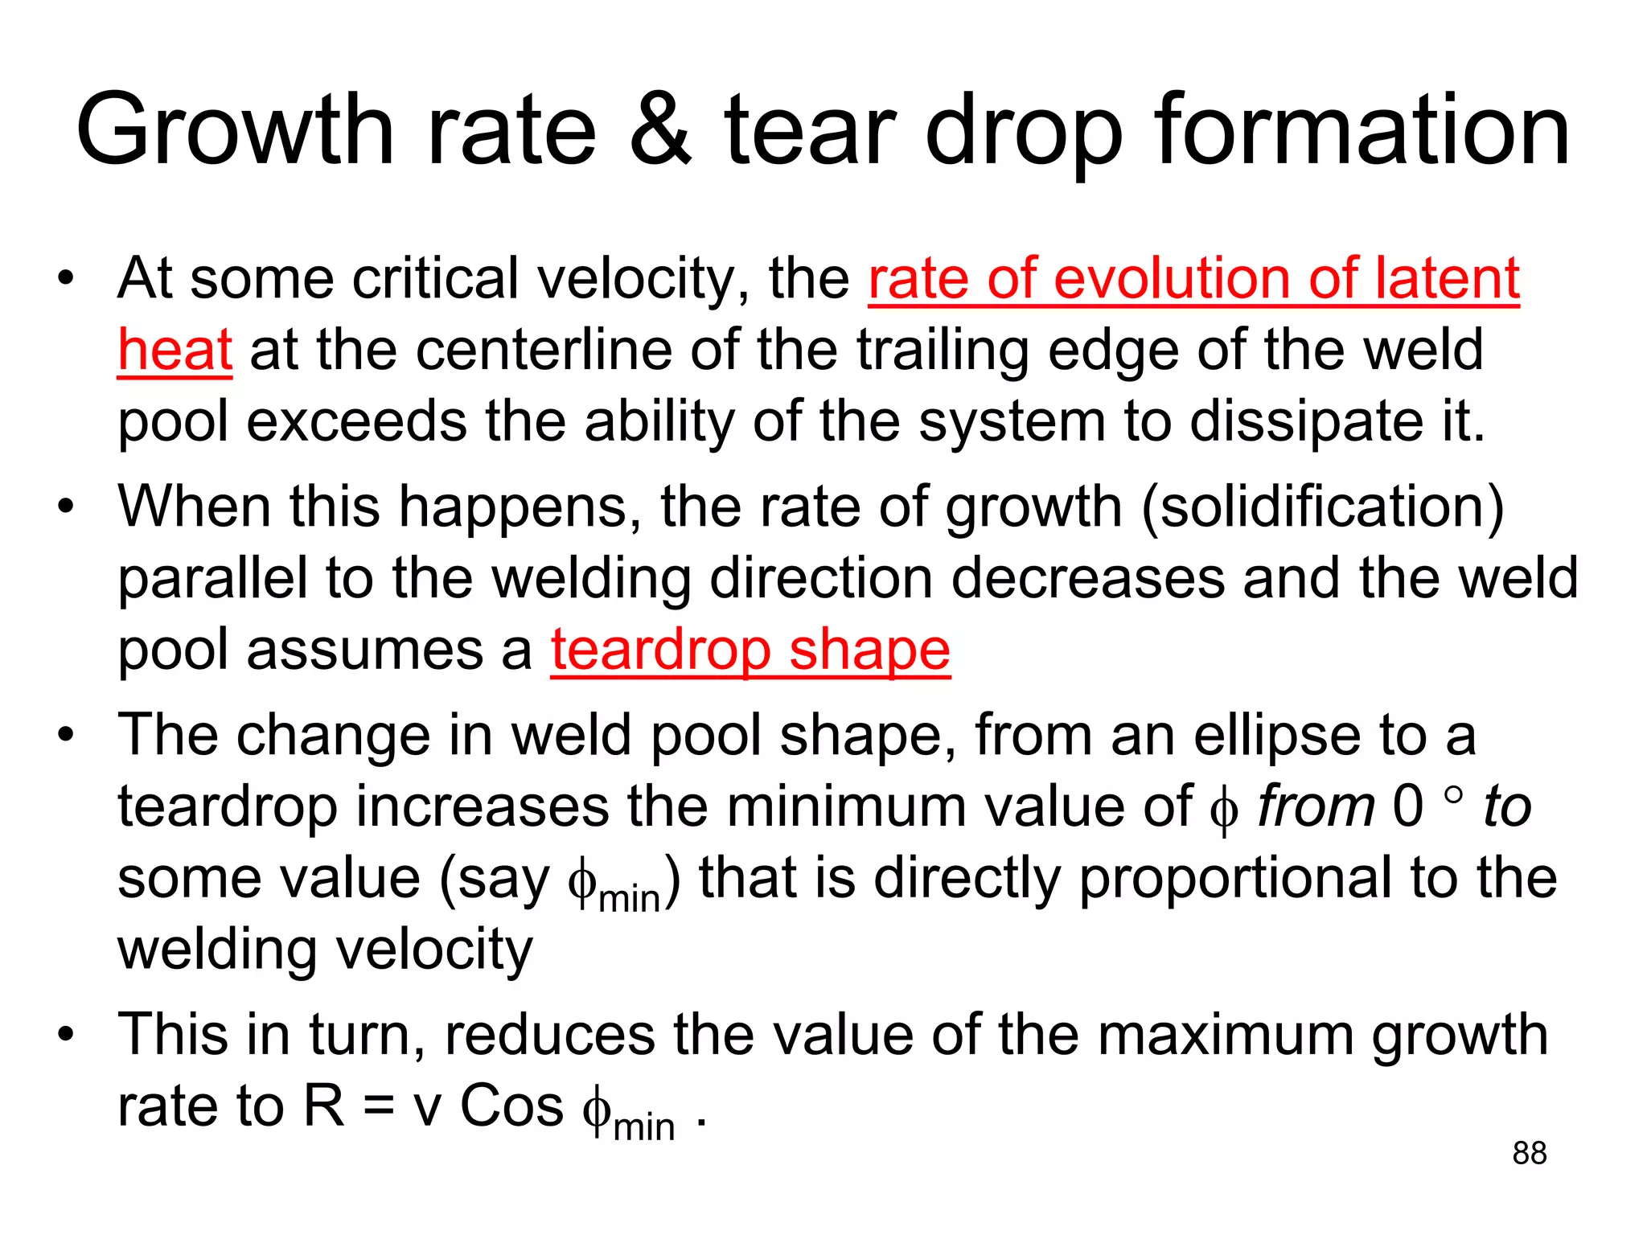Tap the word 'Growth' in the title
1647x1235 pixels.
pos(235,131)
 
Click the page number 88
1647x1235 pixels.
pos(1529,1153)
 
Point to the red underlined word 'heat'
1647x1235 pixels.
pos(175,351)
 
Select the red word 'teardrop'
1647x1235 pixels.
pos(660,649)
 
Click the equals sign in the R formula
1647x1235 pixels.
pos(378,1106)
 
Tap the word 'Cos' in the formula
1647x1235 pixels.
pos(511,1106)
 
